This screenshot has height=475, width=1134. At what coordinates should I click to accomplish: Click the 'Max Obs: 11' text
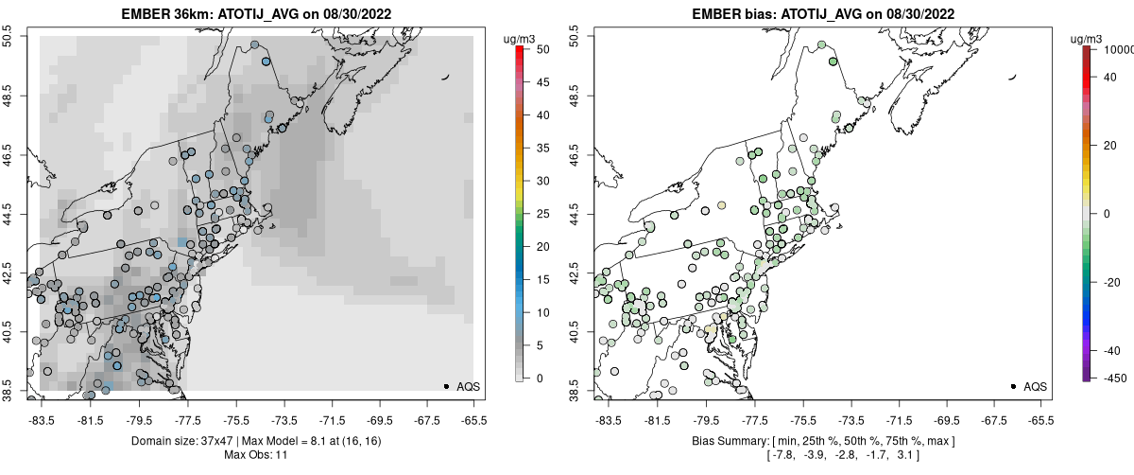[255, 455]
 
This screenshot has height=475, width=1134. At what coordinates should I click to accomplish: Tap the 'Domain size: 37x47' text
[182, 441]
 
